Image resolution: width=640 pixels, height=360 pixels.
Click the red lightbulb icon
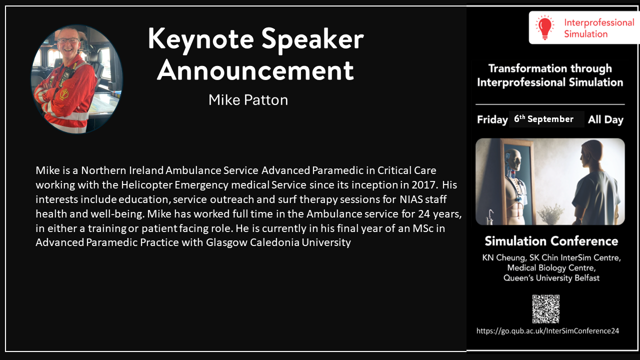tap(545, 27)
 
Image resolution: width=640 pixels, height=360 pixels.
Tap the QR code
tap(545, 309)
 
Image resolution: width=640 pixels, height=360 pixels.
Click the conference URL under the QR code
tap(547, 331)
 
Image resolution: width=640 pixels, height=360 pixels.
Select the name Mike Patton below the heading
tap(248, 100)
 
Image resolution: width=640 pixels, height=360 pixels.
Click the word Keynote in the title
tap(201, 39)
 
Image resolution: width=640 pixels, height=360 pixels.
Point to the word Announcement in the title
tap(255, 70)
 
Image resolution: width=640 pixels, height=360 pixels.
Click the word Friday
tap(492, 119)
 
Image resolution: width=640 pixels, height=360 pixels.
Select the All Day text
tap(605, 119)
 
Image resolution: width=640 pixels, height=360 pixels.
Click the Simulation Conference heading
tap(551, 241)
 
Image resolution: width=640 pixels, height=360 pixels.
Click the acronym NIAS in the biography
tap(411, 199)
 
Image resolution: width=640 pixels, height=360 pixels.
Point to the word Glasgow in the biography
tap(226, 242)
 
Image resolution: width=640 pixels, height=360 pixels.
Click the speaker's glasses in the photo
tap(68, 40)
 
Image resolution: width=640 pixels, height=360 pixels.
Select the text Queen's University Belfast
tap(551, 278)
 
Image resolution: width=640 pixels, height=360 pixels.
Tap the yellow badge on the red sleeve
tap(64, 94)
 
